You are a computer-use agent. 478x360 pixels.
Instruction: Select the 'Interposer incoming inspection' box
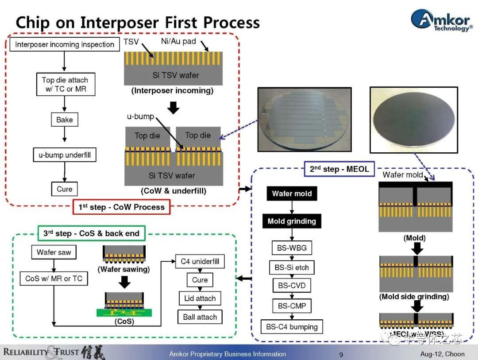65,44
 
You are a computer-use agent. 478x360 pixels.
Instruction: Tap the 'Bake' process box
65,120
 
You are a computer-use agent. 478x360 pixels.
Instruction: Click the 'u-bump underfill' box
65,155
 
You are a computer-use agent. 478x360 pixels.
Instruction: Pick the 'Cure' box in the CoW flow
65,189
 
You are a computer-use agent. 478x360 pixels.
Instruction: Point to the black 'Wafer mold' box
292,194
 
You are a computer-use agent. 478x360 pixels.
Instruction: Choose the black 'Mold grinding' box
292,221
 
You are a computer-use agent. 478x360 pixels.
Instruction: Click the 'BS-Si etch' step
292,267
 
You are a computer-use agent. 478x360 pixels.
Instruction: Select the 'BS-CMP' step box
292,306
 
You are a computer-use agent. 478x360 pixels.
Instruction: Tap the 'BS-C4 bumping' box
292,327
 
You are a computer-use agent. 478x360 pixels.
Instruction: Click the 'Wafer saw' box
54,252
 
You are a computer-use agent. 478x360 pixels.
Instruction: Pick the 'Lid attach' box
200,298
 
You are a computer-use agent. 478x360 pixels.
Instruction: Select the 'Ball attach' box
200,317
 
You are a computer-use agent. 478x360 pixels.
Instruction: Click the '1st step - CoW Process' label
121,207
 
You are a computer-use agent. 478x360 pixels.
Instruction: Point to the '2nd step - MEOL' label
339,169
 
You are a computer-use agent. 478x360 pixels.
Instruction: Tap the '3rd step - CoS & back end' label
91,233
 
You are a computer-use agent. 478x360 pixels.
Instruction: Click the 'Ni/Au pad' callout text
178,42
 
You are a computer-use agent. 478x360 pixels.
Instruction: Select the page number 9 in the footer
341,354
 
